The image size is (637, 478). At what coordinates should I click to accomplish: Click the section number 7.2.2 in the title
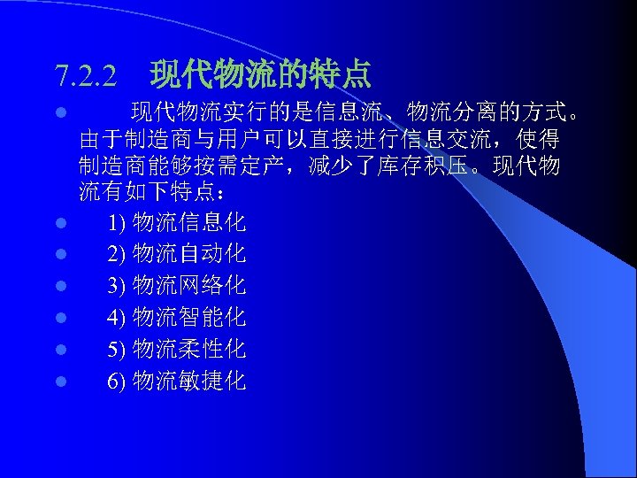click(85, 76)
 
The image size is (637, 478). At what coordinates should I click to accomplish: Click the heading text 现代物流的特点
click(261, 74)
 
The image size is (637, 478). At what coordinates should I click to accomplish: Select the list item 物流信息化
click(188, 222)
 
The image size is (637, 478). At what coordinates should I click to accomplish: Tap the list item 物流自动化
click(188, 254)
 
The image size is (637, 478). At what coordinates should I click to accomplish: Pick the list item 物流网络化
click(188, 286)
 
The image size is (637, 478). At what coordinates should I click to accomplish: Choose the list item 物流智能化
click(188, 318)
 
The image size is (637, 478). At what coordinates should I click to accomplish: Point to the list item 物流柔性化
click(188, 350)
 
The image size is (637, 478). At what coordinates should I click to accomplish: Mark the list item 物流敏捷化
click(188, 382)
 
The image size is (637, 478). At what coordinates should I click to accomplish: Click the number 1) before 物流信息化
click(117, 223)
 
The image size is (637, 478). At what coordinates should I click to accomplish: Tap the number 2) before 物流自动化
click(117, 255)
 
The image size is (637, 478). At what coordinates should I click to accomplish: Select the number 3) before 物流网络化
click(117, 287)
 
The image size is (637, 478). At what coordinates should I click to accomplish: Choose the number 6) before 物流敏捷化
click(117, 382)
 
